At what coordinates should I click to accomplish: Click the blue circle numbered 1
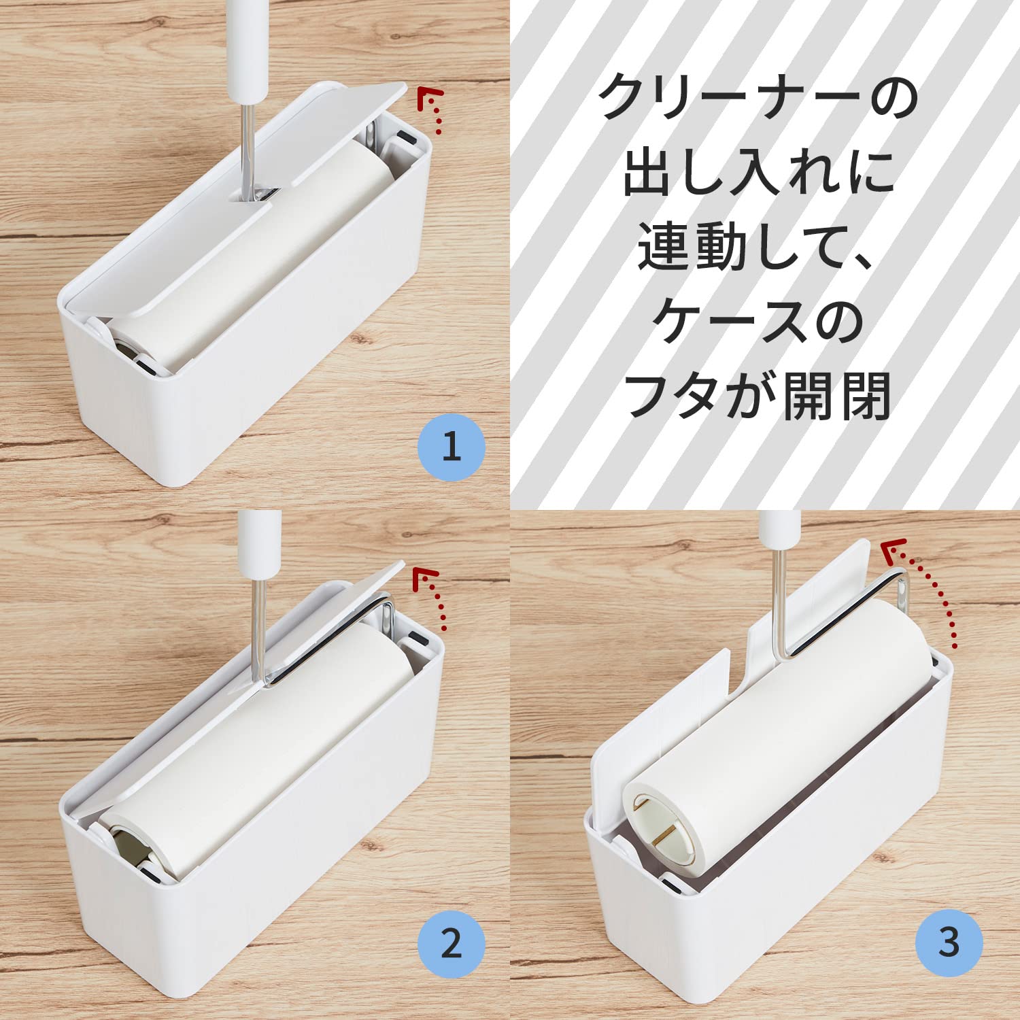tap(451, 447)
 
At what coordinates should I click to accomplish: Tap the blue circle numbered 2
tap(451, 945)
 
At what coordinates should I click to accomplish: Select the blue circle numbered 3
tap(949, 943)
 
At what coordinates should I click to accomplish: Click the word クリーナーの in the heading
tap(758, 97)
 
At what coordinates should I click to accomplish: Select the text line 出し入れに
tap(758, 172)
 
